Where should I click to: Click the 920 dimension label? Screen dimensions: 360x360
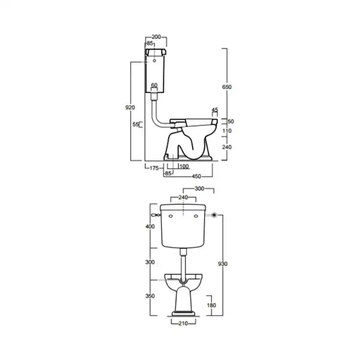(x=130, y=107)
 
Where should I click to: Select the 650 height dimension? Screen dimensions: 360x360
(x=227, y=87)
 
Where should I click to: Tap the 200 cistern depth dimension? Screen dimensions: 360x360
(x=156, y=37)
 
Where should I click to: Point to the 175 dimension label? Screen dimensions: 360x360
(x=154, y=168)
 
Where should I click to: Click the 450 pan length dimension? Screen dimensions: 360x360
(x=196, y=176)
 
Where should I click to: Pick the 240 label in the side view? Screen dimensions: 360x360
(x=227, y=147)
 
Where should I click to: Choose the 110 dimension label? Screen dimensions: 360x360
(x=227, y=131)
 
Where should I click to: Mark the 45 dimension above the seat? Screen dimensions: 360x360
(x=215, y=110)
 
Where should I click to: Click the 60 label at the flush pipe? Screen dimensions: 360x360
(x=154, y=85)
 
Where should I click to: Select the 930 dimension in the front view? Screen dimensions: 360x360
(x=223, y=264)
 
